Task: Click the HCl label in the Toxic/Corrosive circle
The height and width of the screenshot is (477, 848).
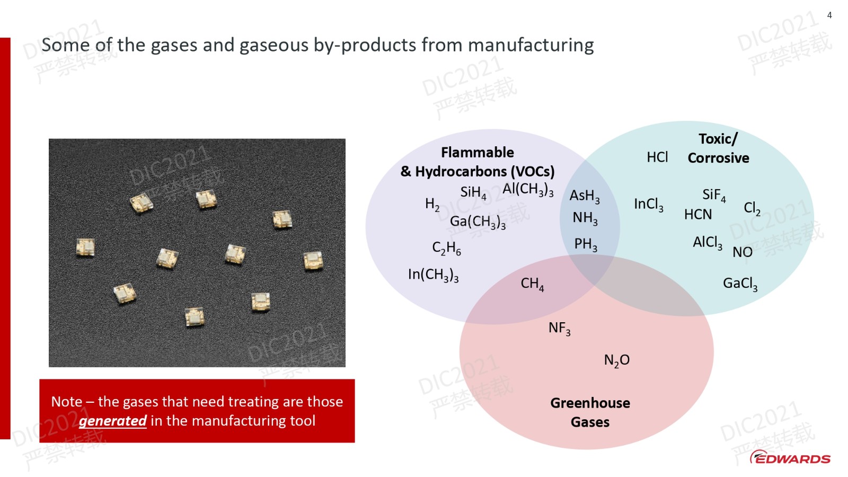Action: (x=657, y=157)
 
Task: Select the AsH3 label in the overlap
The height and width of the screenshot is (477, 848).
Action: (x=585, y=196)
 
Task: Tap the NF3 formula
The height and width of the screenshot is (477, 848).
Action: (x=560, y=328)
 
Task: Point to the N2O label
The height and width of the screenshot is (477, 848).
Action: (x=617, y=360)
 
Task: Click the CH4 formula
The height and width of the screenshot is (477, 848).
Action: (x=532, y=284)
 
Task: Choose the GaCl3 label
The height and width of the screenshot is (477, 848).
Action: (x=740, y=284)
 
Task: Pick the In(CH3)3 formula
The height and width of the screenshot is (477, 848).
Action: (x=433, y=275)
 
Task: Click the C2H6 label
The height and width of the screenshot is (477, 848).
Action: (x=446, y=249)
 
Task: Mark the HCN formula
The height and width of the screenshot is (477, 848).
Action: (x=697, y=215)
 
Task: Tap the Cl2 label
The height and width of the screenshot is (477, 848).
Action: (x=752, y=208)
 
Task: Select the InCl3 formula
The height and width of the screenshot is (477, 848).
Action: (x=649, y=205)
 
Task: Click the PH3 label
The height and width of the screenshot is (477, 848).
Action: (x=586, y=244)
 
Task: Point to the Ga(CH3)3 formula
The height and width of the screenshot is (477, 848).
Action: (x=478, y=222)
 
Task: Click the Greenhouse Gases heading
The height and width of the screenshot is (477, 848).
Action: (x=590, y=413)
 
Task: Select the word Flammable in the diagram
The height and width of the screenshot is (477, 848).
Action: (x=478, y=153)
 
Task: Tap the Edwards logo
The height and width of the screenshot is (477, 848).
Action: (x=790, y=457)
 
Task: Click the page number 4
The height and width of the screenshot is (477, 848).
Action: (x=829, y=15)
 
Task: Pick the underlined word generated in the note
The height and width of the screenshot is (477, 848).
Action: (x=112, y=421)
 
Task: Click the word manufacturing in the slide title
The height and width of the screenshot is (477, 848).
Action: (x=531, y=45)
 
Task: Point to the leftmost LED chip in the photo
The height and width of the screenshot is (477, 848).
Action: (x=85, y=247)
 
